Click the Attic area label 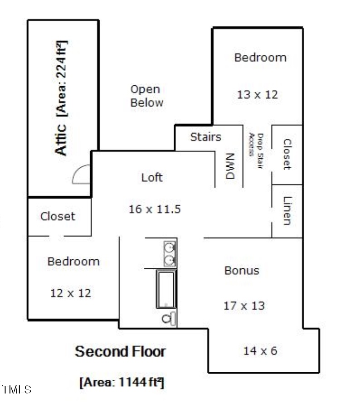tap(61, 98)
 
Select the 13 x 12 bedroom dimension tap(257, 95)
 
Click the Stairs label tap(205, 137)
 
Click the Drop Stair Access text tap(256, 151)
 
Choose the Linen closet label tap(287, 210)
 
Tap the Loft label tap(152, 177)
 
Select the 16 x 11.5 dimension tap(155, 209)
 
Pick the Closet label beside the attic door tap(58, 216)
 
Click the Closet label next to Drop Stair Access tap(287, 154)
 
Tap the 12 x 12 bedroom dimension tap(70, 293)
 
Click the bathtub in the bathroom tap(166, 289)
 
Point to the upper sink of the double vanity tap(170, 248)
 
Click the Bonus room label tap(242, 271)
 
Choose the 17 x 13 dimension tap(244, 306)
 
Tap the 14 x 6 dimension tap(260, 350)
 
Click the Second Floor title tap(120, 351)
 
